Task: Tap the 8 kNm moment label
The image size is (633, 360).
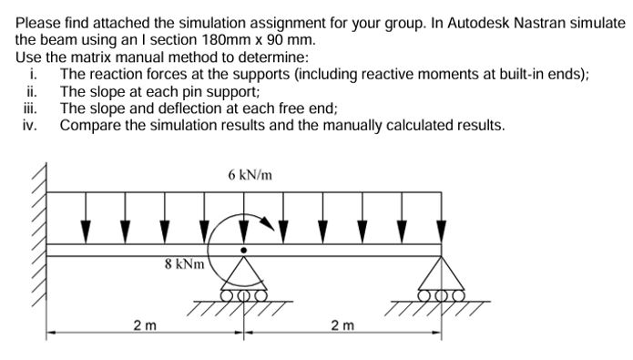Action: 181,265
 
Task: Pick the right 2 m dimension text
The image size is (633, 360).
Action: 342,324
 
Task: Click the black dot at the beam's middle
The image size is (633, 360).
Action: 242,248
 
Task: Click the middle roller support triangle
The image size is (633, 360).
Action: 242,273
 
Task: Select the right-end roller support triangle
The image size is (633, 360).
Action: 443,273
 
